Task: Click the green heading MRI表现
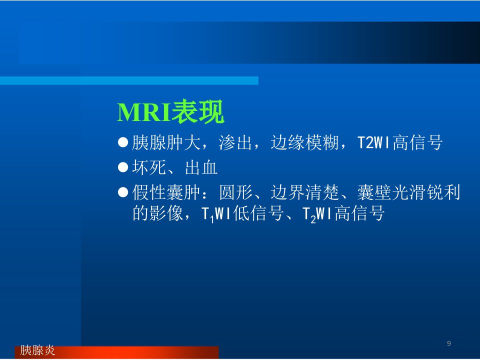[170, 111]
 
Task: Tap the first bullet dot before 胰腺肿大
[123, 142]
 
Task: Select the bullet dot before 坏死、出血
[123, 167]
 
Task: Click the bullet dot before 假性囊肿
[123, 192]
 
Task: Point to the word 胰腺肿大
[166, 142]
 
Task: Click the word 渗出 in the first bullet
[235, 142]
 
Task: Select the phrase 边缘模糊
[304, 142]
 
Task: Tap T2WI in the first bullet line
[374, 142]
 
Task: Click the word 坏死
[149, 167]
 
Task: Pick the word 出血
[201, 167]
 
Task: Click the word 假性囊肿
[166, 192]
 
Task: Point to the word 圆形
[235, 192]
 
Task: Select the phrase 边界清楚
[304, 192]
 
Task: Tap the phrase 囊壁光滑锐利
[408, 192]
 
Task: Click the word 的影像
[157, 213]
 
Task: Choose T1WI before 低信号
[216, 213]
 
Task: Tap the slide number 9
[449, 343]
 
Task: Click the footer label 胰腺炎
[37, 350]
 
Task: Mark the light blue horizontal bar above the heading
[129, 80]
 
